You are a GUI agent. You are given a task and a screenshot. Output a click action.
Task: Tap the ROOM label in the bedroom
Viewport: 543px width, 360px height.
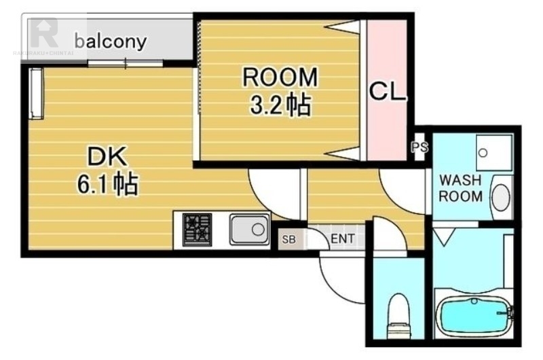280,77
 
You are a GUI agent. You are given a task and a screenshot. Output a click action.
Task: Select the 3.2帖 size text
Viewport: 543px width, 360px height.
280,105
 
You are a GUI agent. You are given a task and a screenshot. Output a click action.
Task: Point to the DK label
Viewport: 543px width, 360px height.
107,158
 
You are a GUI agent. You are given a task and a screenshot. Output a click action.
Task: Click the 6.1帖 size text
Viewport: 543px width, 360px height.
107,184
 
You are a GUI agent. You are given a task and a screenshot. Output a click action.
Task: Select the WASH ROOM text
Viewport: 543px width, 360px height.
460,189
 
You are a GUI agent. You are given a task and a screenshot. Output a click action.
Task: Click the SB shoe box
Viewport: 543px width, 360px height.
288,239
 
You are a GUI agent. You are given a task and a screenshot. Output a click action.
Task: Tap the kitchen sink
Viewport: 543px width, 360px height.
249,229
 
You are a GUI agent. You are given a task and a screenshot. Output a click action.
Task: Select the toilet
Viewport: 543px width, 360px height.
398,316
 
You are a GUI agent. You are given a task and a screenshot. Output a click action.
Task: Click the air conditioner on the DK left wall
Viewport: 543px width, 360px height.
36,92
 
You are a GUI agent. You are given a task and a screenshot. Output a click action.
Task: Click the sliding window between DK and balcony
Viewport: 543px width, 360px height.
126,64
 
